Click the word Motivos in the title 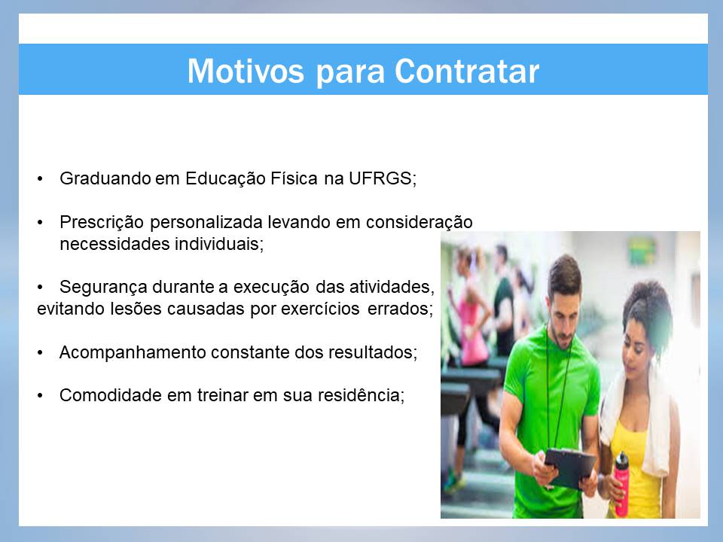[246, 71]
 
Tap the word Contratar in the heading [467, 71]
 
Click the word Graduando [105, 178]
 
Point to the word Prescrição [102, 222]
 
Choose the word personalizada [206, 222]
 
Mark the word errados [400, 309]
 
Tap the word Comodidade [110, 395]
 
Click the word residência [361, 395]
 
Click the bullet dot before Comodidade [40, 396]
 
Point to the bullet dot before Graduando [40, 179]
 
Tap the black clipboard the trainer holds [570, 467]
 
